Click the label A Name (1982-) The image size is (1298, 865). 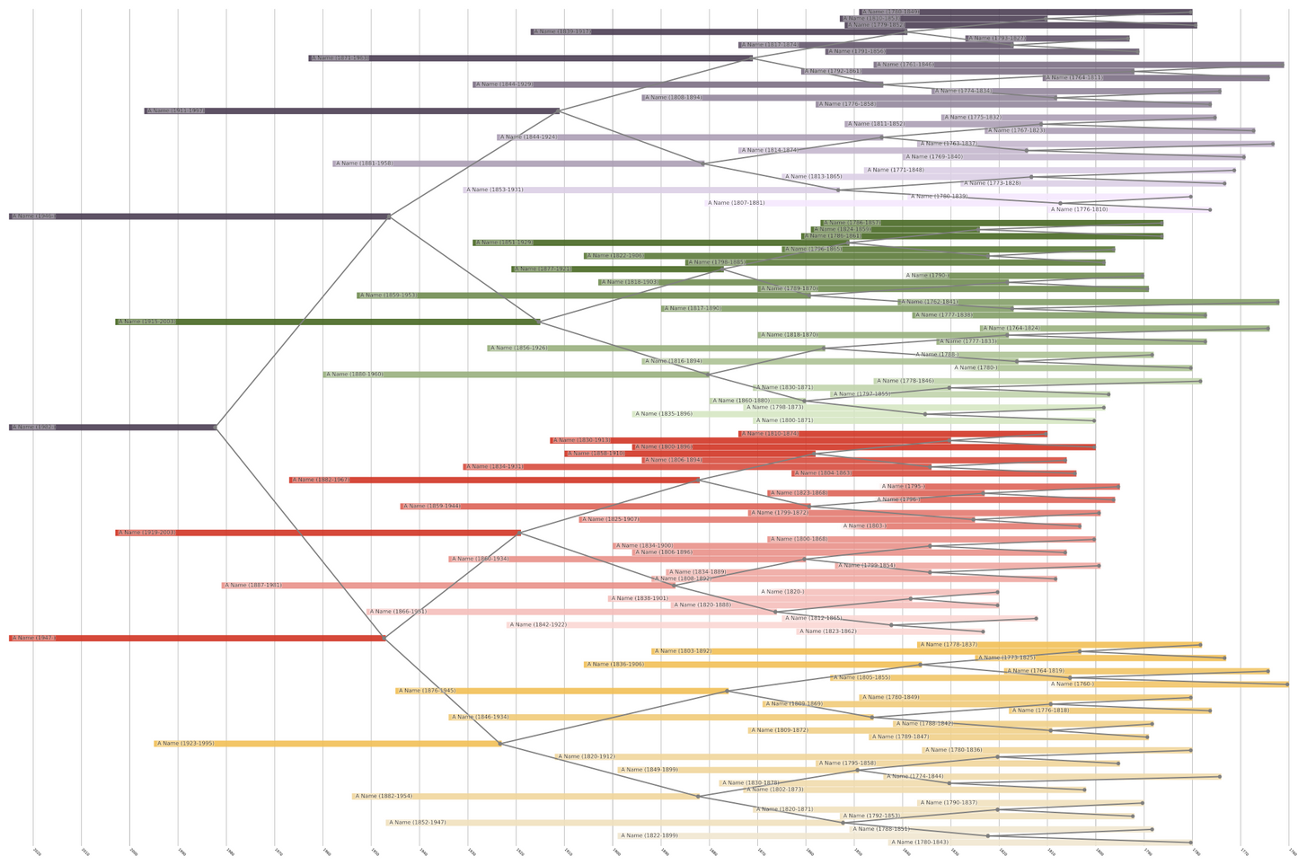34,428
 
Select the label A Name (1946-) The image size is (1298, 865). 34,216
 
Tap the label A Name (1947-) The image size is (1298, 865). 34,638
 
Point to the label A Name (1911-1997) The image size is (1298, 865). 176,111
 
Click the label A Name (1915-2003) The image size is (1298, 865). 147,322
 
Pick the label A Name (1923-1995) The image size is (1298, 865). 186,744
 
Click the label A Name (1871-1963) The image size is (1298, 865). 340,58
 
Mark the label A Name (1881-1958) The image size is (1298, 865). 364,163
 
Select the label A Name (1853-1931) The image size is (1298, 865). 495,190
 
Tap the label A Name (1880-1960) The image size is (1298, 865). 355,375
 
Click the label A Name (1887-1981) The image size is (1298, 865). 253,586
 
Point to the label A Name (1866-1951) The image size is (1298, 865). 399,612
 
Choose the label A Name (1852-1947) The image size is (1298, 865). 418,823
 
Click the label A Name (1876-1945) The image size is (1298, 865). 428,691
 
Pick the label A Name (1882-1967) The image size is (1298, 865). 321,481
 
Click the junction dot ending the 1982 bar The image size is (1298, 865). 216,428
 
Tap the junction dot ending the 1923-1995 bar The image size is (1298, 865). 500,744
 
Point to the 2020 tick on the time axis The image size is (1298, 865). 37,852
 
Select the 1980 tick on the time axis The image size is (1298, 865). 230,852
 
